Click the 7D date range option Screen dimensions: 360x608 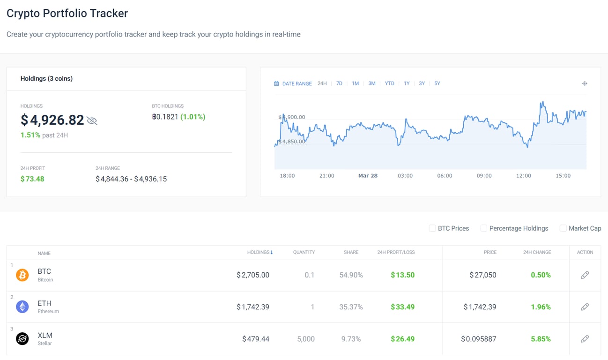(x=339, y=83)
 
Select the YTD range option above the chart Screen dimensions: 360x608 (x=389, y=83)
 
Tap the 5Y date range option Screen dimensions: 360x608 (x=437, y=83)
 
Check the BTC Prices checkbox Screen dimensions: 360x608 (x=432, y=228)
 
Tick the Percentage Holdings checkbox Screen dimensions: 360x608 (x=484, y=228)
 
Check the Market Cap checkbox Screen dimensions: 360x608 (x=563, y=228)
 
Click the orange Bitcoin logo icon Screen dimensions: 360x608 (x=22, y=275)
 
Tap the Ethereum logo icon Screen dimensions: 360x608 (x=22, y=307)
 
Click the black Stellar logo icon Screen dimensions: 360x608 (x=22, y=339)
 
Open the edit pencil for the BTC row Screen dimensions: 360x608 (x=585, y=275)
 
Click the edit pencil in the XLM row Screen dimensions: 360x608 (x=585, y=339)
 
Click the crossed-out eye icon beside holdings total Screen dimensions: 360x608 (x=92, y=121)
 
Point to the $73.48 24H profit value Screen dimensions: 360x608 (x=32, y=179)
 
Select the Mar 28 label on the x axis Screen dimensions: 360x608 (x=368, y=176)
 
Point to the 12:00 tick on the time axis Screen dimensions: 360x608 (x=524, y=176)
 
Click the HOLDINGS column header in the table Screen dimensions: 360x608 (x=260, y=252)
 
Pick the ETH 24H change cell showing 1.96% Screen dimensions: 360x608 (x=541, y=307)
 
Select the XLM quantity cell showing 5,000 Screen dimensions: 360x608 (x=306, y=339)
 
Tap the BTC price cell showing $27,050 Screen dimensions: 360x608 (x=483, y=275)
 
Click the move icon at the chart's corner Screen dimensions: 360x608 (x=585, y=83)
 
